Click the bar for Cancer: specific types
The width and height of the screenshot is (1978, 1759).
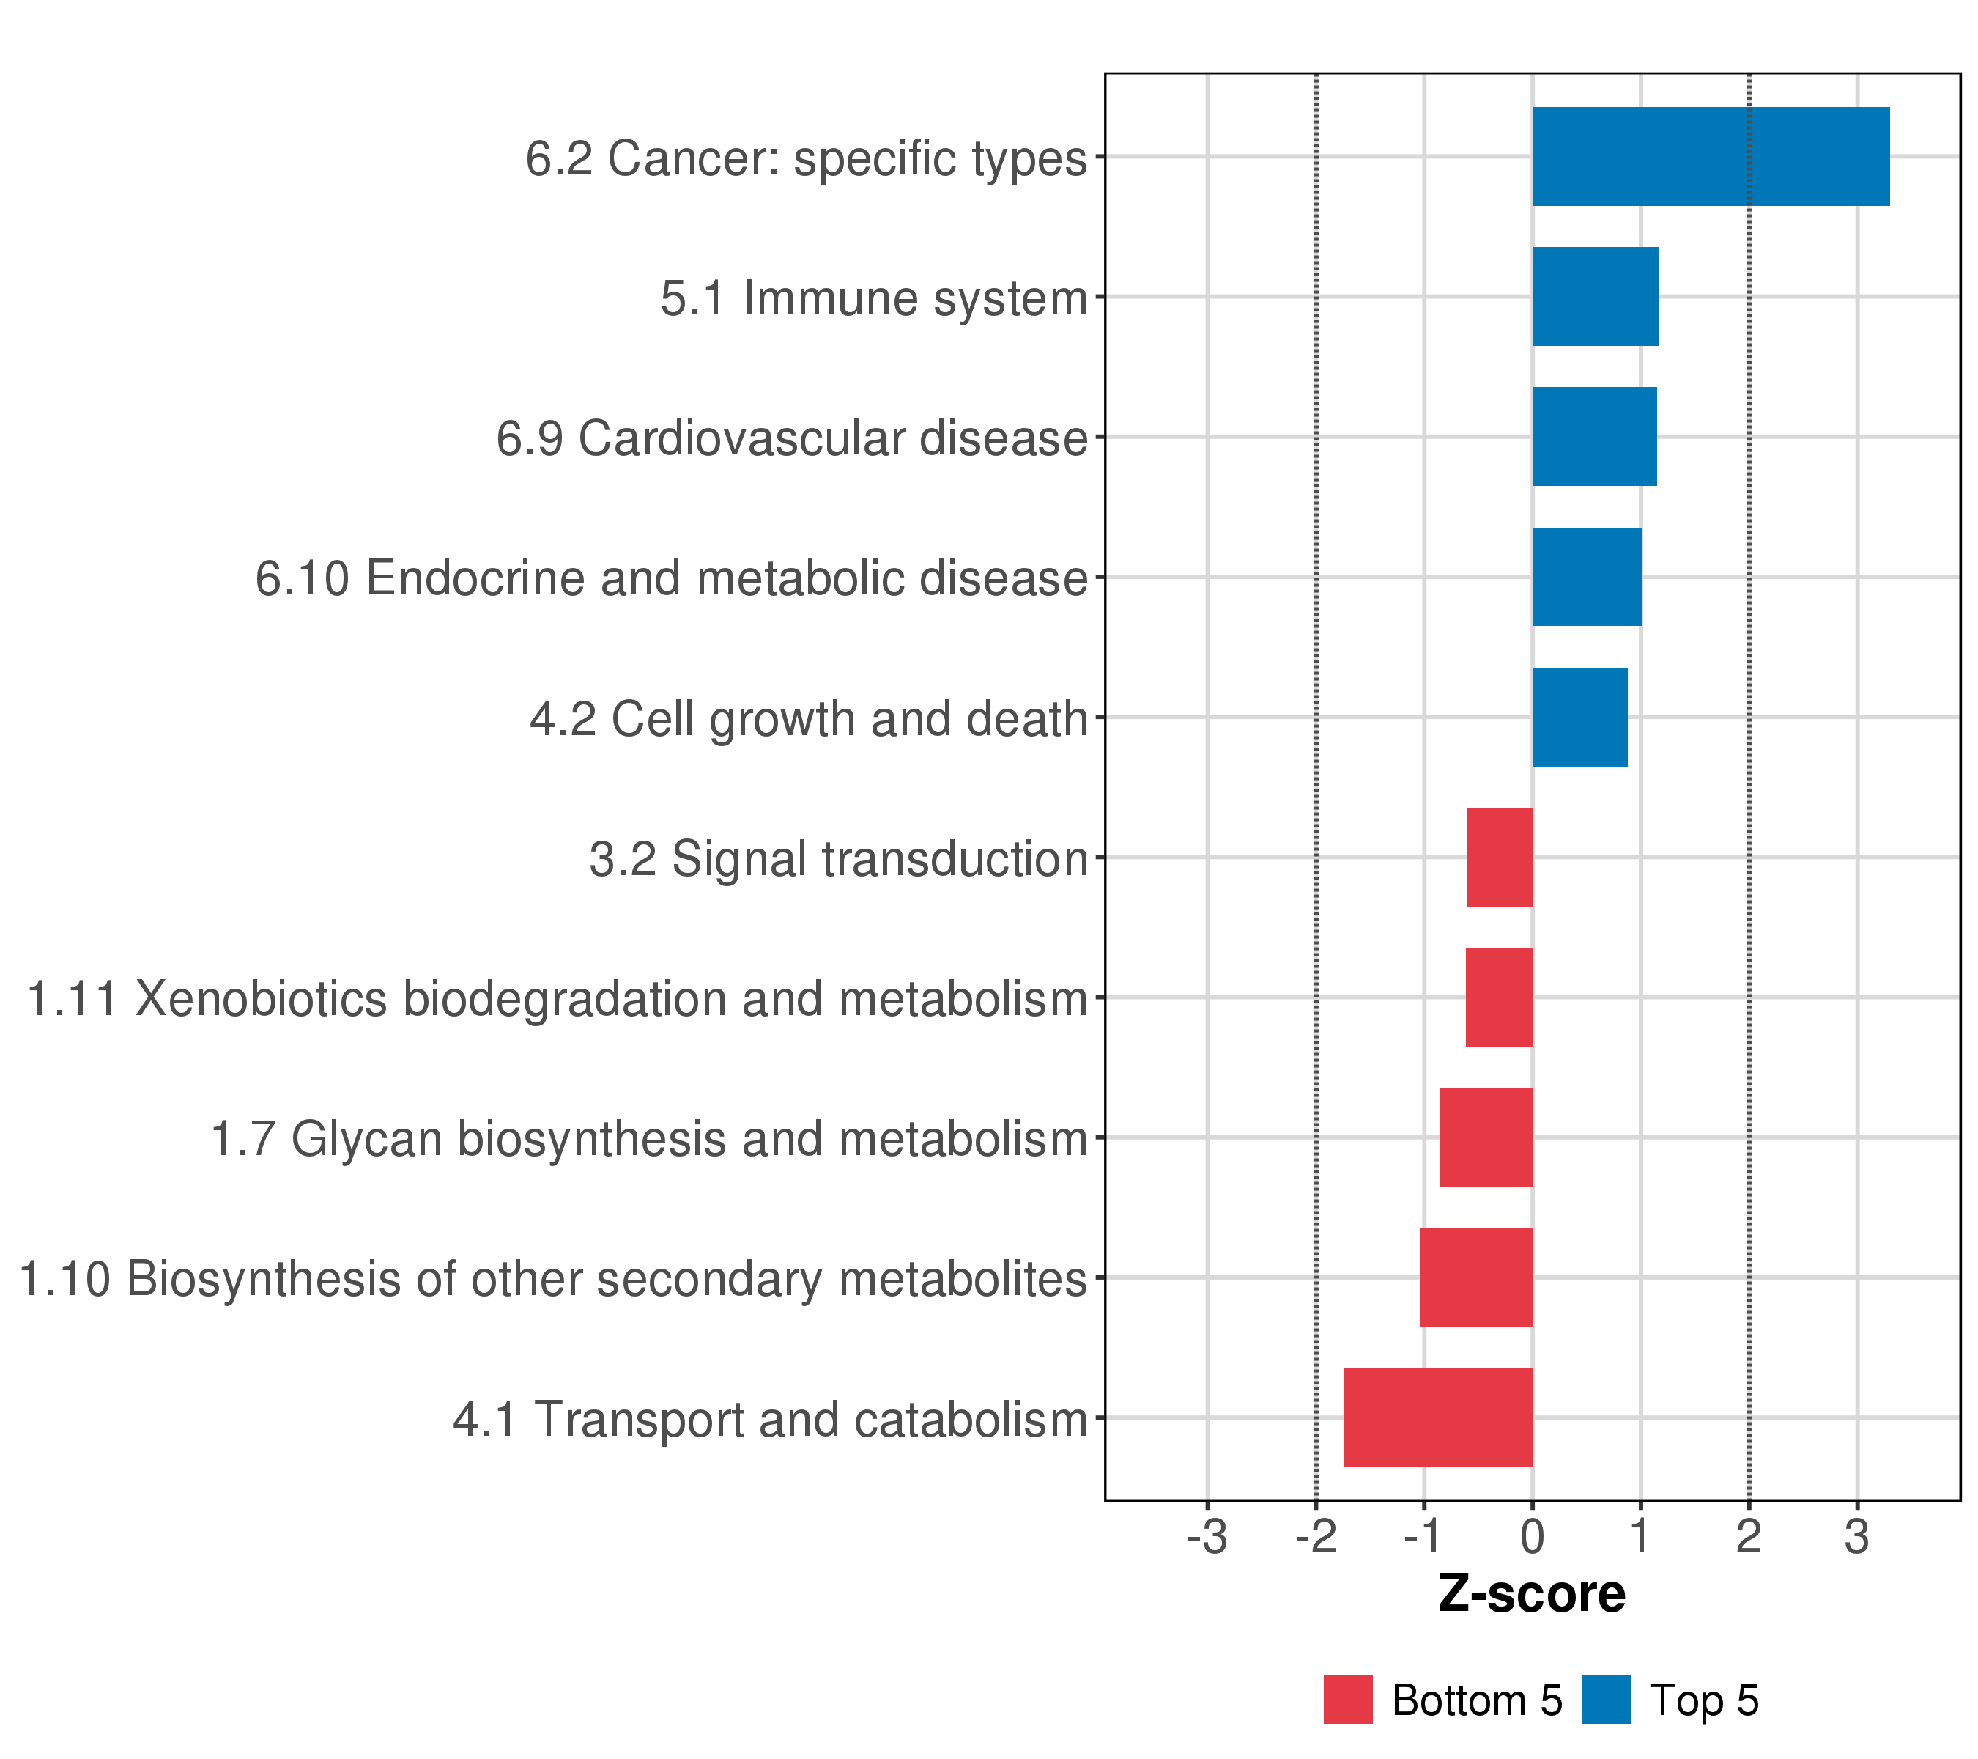point(1710,157)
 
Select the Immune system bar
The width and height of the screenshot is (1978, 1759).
point(1595,296)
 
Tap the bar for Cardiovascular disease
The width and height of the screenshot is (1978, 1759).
point(1594,437)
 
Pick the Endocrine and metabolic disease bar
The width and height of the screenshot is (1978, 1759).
point(1586,577)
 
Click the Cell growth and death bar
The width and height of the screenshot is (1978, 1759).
point(1579,718)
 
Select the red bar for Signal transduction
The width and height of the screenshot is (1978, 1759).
point(1499,857)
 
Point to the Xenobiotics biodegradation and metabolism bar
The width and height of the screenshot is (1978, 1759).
point(1499,997)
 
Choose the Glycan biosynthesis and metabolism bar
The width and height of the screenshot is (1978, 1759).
point(1486,1137)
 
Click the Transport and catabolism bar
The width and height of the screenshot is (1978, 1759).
point(1438,1417)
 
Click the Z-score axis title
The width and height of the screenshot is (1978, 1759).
point(1532,1594)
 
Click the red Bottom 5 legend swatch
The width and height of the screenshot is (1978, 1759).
point(1348,1700)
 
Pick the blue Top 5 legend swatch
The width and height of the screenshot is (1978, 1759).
point(1607,1700)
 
